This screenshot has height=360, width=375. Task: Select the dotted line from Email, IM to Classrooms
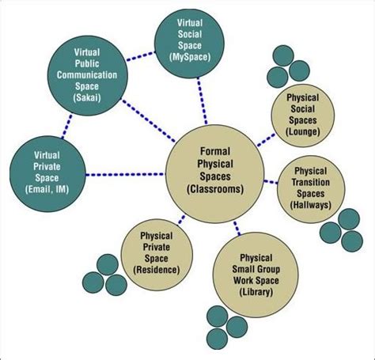point(122,173)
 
